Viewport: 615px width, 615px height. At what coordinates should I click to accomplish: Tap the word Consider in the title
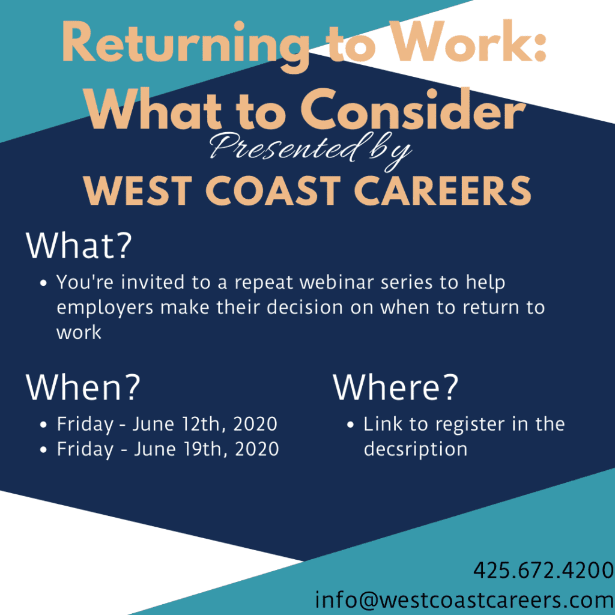413,110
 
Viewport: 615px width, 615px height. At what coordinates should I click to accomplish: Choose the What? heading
79,245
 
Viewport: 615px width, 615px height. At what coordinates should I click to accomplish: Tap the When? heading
83,387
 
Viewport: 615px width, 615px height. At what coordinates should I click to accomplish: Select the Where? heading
396,387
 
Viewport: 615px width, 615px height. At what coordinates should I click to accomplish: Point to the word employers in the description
105,308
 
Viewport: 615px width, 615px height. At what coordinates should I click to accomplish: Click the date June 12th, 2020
205,425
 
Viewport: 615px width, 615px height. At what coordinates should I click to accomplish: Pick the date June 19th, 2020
207,449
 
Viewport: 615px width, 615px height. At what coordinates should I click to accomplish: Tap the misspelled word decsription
416,450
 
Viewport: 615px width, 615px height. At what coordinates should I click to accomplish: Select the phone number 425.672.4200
544,571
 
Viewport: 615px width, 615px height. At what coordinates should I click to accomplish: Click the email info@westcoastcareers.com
464,600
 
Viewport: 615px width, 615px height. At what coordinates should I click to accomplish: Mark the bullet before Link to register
351,425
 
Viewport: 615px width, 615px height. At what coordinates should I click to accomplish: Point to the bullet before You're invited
44,283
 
